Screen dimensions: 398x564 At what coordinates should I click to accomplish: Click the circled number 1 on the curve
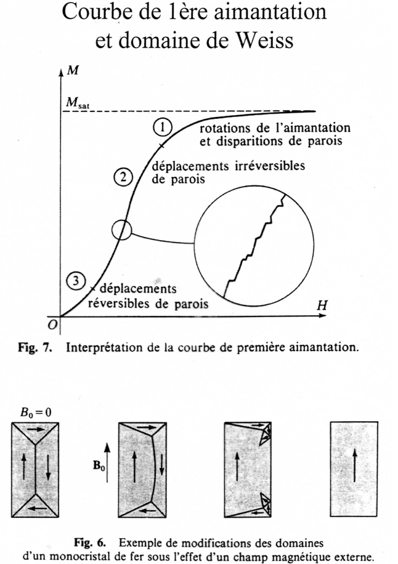coord(162,127)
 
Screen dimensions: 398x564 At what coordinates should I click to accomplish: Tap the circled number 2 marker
coord(123,177)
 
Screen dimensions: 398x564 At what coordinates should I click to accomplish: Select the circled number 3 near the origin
coord(76,280)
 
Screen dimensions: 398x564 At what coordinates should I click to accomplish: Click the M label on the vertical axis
coord(73,70)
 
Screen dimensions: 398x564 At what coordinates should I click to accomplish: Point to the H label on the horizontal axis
coord(322,305)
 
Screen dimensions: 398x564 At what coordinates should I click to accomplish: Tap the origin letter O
coord(53,325)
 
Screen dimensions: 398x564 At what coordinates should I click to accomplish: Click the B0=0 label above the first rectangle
coord(35,412)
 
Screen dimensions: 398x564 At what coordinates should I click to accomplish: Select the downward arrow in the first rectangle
coord(48,466)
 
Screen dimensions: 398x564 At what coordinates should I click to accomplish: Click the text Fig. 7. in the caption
coord(35,347)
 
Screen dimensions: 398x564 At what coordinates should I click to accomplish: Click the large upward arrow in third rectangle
coord(237,466)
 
